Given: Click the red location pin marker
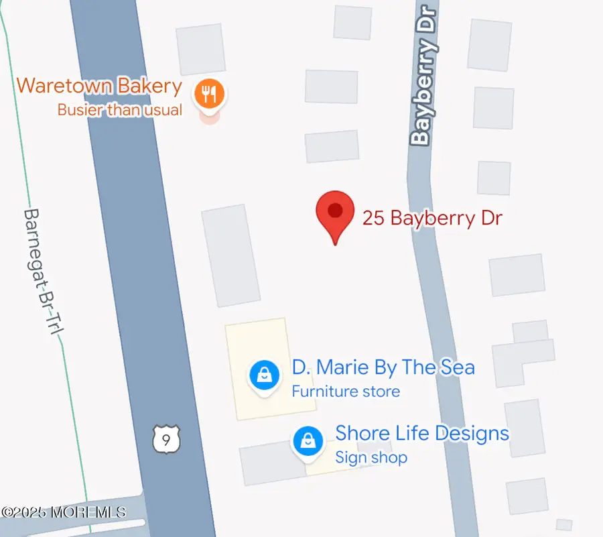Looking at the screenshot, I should [334, 212].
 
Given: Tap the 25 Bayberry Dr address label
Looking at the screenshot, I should [432, 218].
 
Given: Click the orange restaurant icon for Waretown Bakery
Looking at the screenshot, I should [210, 93].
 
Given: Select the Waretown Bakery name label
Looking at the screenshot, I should [99, 86].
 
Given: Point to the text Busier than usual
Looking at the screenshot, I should [120, 109].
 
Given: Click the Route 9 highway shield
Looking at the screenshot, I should [165, 439].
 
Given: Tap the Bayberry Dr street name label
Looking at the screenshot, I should [424, 74].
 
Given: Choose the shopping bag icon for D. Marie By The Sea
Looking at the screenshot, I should [265, 375].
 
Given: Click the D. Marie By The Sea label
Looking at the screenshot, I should [383, 367].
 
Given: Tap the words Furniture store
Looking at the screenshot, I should [346, 392].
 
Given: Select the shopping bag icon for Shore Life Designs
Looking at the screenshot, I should [308, 442].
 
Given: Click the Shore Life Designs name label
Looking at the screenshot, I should [422, 433].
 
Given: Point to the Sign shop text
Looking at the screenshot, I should [371, 458].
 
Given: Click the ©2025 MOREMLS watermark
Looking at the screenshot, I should [63, 512].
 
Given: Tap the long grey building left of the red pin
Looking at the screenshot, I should [230, 255].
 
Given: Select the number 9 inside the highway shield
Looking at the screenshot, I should [165, 440].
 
